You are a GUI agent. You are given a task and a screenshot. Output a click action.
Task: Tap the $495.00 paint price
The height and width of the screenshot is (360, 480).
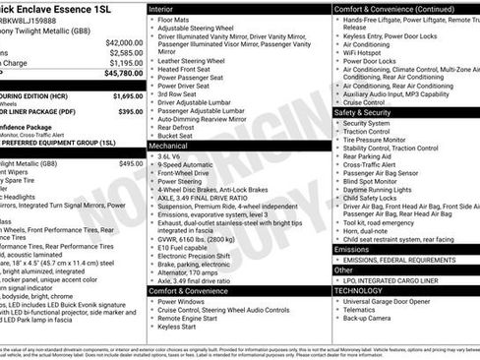pos(131,163)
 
